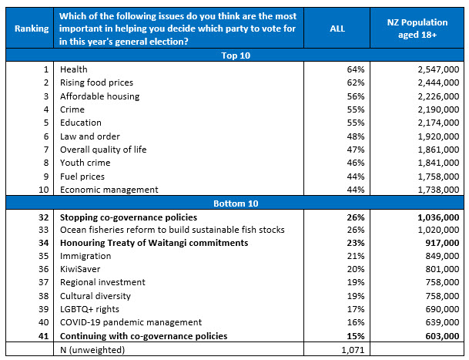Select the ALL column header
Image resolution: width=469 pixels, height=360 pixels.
pyautogui.click(x=336, y=29)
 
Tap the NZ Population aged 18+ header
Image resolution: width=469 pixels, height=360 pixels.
pyautogui.click(x=417, y=29)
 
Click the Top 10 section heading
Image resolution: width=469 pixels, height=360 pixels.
pyautogui.click(x=234, y=56)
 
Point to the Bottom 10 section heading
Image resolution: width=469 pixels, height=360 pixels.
pyautogui.click(x=234, y=203)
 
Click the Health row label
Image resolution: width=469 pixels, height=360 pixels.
pyautogui.click(x=73, y=69)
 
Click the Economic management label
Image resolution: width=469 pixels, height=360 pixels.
pyautogui.click(x=109, y=190)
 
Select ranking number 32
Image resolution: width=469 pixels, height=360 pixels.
pyautogui.click(x=43, y=217)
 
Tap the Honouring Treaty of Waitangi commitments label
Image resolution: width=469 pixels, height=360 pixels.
pyautogui.click(x=154, y=243)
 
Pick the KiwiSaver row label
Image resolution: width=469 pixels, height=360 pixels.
pyautogui.click(x=81, y=269)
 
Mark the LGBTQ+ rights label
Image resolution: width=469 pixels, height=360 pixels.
pyautogui.click(x=90, y=309)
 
